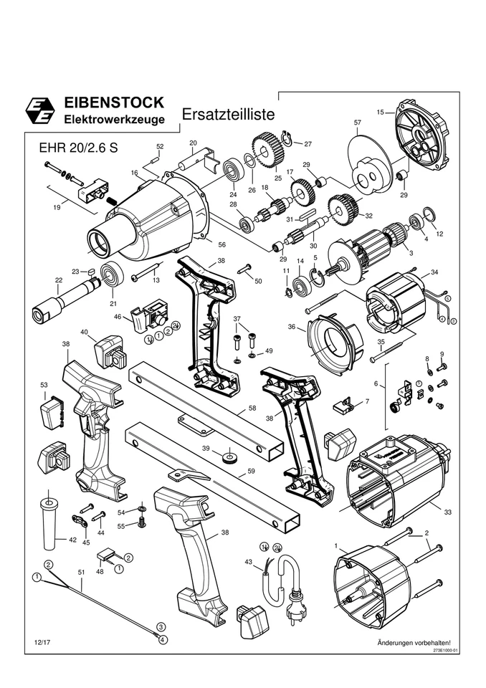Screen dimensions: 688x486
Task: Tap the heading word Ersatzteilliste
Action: (227, 115)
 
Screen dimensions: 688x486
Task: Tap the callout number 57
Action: (357, 123)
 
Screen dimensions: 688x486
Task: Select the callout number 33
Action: (447, 512)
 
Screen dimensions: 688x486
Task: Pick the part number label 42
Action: (72, 540)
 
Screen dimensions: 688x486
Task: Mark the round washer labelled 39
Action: (228, 455)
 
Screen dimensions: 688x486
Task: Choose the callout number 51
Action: (81, 572)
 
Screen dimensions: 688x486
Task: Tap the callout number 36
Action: (292, 327)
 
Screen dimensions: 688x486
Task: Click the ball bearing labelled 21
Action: (113, 275)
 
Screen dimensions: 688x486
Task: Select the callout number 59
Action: (251, 471)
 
